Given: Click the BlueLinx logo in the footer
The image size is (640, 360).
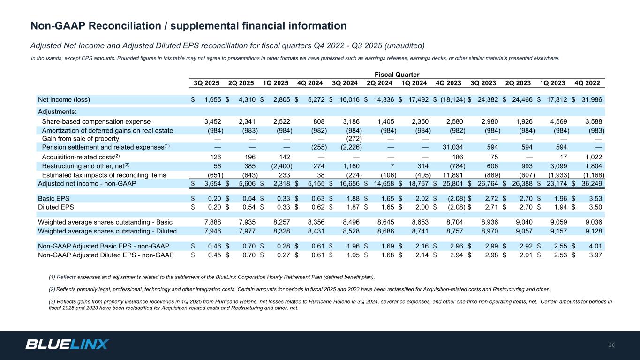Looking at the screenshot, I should pos(67,345).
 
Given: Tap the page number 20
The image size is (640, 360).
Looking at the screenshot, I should pos(611,345).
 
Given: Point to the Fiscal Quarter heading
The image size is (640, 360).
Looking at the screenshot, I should pos(397,75).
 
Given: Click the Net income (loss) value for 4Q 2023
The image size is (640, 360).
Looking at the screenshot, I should pos(452,99).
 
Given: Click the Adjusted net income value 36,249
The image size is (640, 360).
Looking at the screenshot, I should pos(592,184).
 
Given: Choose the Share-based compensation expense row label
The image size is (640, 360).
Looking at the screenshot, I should pos(96,122).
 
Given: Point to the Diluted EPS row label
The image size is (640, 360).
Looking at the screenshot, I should pos(56,206).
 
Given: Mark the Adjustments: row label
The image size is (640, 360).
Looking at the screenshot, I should pos(57,112).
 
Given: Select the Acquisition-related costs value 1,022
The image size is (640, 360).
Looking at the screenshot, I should pos(594,157).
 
